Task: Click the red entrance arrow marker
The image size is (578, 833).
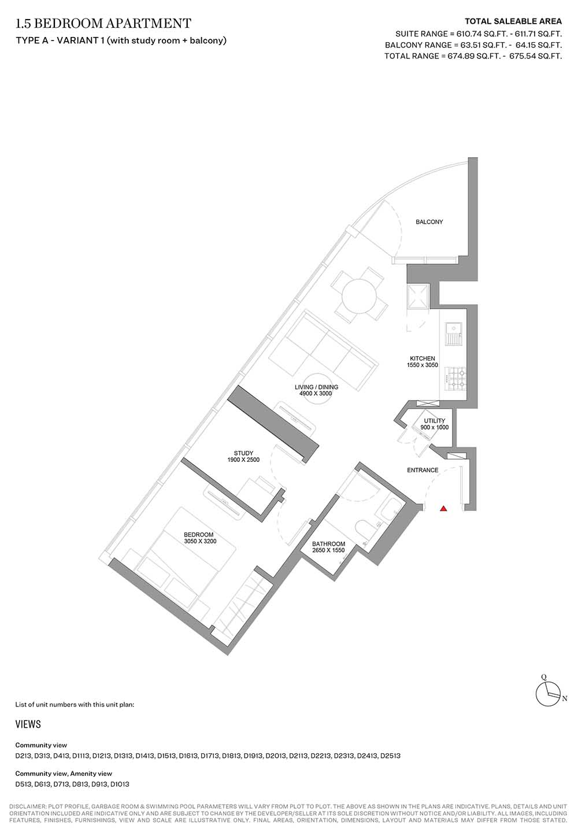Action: click(443, 509)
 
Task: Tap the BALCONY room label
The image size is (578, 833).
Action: click(429, 222)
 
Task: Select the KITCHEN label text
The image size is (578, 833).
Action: click(423, 358)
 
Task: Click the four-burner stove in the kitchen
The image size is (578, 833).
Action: click(455, 379)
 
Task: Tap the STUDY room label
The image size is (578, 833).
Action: click(243, 453)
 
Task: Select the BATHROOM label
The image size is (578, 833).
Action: click(328, 544)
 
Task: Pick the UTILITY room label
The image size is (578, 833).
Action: click(435, 421)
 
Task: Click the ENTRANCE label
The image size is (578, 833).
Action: click(423, 470)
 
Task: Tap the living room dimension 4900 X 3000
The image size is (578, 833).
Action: click(316, 394)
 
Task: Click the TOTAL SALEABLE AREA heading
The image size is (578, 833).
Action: click(513, 21)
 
